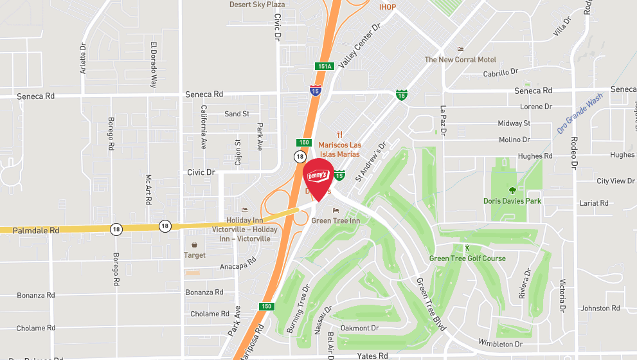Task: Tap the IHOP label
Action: pyautogui.click(x=388, y=7)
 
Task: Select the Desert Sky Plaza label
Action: pyautogui.click(x=257, y=4)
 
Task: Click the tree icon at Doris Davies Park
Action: pyautogui.click(x=512, y=190)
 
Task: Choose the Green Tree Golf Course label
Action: pyautogui.click(x=467, y=258)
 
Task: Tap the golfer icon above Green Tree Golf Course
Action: pyautogui.click(x=467, y=248)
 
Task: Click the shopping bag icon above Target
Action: pyautogui.click(x=195, y=245)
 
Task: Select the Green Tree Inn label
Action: pyautogui.click(x=335, y=221)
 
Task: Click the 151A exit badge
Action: pyautogui.click(x=325, y=66)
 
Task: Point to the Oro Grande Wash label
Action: pyautogui.click(x=580, y=113)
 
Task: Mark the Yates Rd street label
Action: pyautogui.click(x=373, y=355)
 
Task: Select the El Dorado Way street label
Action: pyautogui.click(x=154, y=65)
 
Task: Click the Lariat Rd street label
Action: pyautogui.click(x=593, y=203)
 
